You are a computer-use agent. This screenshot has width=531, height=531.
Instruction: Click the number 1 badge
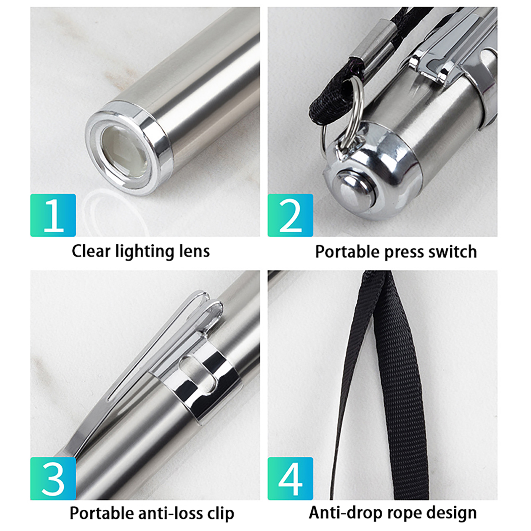[x=53, y=215]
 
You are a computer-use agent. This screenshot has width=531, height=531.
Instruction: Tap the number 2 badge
[x=290, y=215]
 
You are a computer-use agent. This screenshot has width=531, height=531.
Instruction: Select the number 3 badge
[x=53, y=479]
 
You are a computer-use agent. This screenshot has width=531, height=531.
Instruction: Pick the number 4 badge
[x=290, y=479]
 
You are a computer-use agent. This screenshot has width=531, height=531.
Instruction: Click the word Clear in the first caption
[x=91, y=251]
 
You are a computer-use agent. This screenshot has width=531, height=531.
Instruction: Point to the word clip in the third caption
[x=221, y=514]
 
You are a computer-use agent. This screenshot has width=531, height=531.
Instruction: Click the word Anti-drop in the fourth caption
[x=346, y=513]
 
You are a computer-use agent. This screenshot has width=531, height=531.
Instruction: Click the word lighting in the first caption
[x=145, y=252]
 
